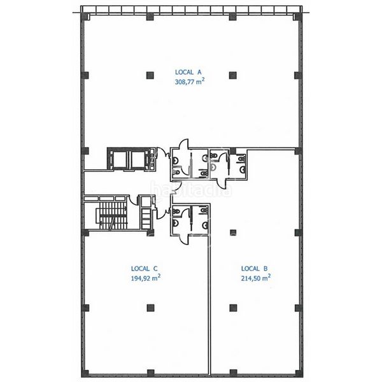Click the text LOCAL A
point(188,72)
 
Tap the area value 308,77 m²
point(190,81)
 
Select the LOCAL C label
point(145,269)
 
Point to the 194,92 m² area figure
point(146,278)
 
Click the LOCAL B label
point(254,269)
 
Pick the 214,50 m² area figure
point(256,278)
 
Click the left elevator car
point(120,160)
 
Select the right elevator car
point(138,160)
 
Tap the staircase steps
point(113,216)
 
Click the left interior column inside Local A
point(150,75)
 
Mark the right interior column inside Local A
point(233,75)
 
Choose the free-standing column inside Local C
point(151,308)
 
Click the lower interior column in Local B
point(233,308)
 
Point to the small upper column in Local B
point(233,232)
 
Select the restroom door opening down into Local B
point(222,185)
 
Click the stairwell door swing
point(133,199)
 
